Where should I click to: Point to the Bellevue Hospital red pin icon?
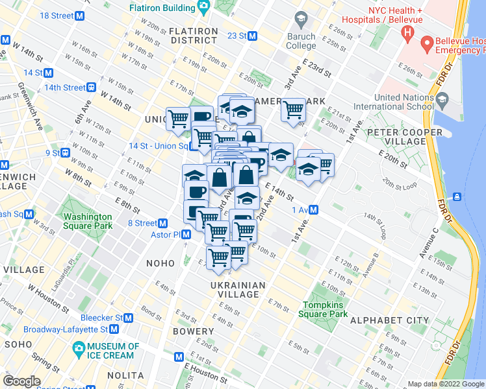pos(428,45)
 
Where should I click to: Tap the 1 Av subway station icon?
pos(314,209)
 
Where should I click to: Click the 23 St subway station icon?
pos(253,36)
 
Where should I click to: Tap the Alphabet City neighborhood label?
pos(389,320)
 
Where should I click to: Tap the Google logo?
pos(21,381)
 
